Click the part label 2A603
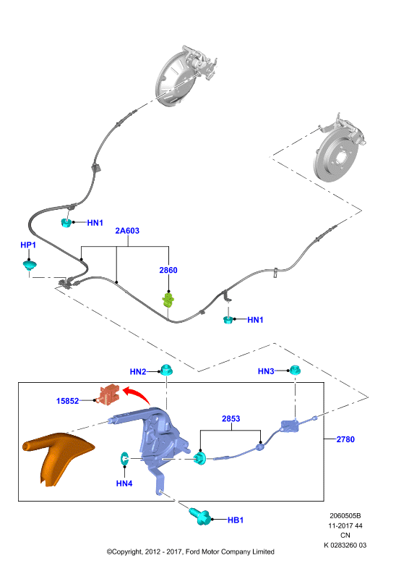(x=127, y=231)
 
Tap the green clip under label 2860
(x=168, y=300)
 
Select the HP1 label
(x=28, y=245)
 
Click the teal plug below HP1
(x=30, y=265)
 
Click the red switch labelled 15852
(x=108, y=394)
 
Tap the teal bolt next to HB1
(x=199, y=515)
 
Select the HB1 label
(x=236, y=520)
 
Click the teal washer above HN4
(x=124, y=459)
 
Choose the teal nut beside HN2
(x=166, y=370)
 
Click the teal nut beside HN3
(x=294, y=370)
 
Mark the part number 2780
(x=345, y=439)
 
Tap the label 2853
(x=231, y=419)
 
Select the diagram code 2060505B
(x=345, y=515)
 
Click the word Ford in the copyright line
(x=193, y=551)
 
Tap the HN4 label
(x=124, y=483)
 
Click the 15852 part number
(x=67, y=401)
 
